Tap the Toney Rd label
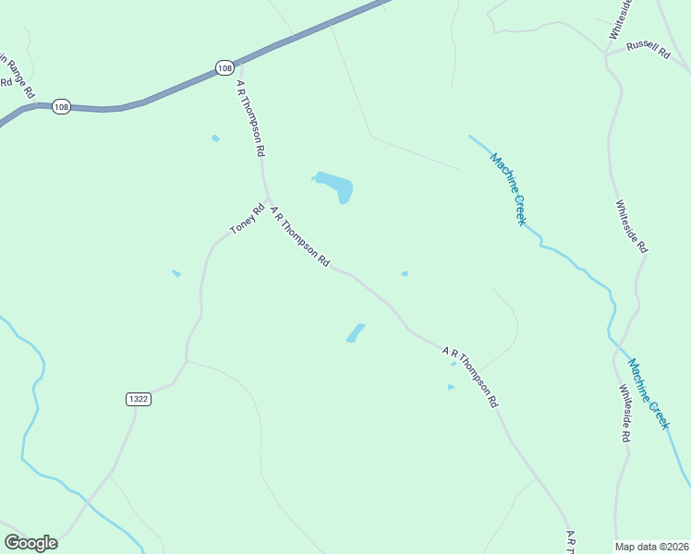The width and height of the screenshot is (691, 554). click(247, 219)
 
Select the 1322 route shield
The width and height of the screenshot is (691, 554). click(138, 398)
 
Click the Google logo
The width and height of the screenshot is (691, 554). click(30, 543)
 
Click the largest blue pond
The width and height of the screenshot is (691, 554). click(335, 186)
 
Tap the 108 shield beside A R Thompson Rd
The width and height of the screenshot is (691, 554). click(224, 67)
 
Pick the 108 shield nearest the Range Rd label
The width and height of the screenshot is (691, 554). click(61, 106)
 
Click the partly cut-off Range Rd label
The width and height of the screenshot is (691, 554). click(17, 75)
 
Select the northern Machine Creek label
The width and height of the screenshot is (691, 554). click(508, 188)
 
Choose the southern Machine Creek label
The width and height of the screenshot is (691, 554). click(647, 392)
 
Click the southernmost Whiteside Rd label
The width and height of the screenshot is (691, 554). click(625, 413)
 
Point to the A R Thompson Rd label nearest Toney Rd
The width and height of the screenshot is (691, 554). click(299, 236)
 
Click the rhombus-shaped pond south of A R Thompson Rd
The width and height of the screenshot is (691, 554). click(356, 332)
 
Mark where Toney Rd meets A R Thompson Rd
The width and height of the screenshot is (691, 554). click(268, 200)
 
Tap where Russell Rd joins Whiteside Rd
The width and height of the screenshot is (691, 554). click(606, 54)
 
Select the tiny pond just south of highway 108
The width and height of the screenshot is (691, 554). click(215, 138)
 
